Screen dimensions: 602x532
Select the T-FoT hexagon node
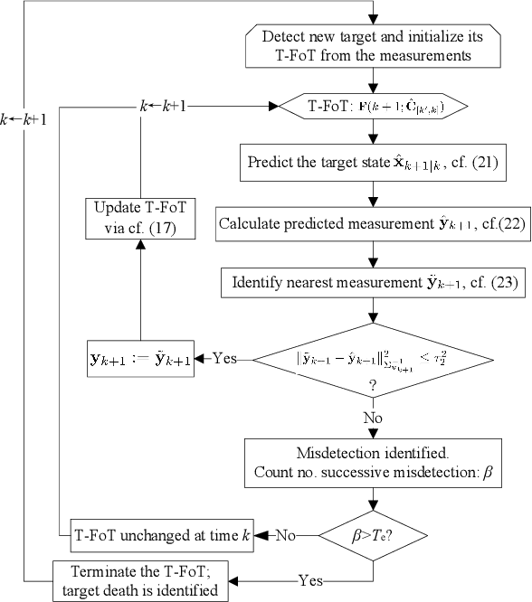coord(371,107)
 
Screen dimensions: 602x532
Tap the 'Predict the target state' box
coord(371,165)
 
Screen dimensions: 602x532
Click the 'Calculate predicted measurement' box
coord(371,224)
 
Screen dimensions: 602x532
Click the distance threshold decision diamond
coord(371,366)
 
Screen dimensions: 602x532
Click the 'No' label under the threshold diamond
coord(371,419)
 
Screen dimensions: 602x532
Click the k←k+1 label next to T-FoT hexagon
coord(163,107)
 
